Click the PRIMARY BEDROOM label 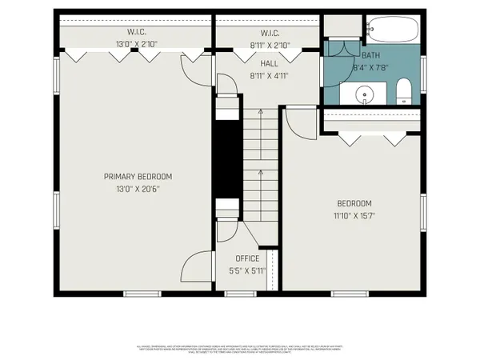(138, 176)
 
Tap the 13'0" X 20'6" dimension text (138, 190)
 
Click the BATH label (371, 55)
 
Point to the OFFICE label (247, 258)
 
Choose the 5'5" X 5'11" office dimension (247, 270)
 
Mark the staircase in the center (259, 160)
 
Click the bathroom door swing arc (337, 46)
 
